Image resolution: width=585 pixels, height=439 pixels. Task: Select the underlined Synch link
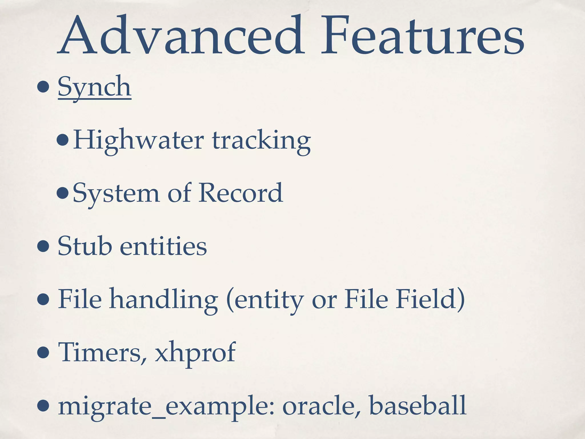click(x=95, y=87)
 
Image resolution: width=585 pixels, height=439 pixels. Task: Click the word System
click(x=116, y=193)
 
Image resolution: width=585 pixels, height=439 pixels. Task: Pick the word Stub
click(x=85, y=246)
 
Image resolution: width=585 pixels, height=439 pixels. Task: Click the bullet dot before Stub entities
click(x=43, y=246)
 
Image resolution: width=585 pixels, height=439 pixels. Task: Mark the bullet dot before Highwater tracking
click(x=63, y=141)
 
